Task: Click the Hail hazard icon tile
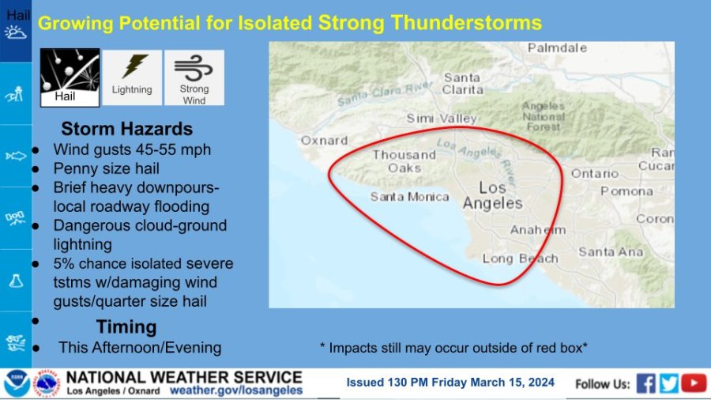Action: [70, 77]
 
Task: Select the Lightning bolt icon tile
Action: [132, 77]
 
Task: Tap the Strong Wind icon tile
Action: [194, 77]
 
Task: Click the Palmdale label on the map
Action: [557, 47]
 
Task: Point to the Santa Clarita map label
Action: [462, 84]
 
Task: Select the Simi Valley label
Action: [442, 119]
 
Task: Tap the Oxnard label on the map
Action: [324, 141]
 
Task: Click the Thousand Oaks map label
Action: [404, 161]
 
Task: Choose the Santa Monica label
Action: [409, 196]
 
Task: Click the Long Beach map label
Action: [520, 258]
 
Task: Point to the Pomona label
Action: [626, 191]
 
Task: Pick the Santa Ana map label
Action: [611, 251]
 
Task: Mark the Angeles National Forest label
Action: [544, 116]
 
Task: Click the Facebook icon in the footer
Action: [645, 383]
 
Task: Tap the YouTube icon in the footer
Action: [694, 383]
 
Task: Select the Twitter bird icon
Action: [668, 383]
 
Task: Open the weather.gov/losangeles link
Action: [235, 391]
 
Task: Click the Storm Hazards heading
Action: [127, 129]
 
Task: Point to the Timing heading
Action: [126, 326]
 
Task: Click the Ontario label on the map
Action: [594, 174]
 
